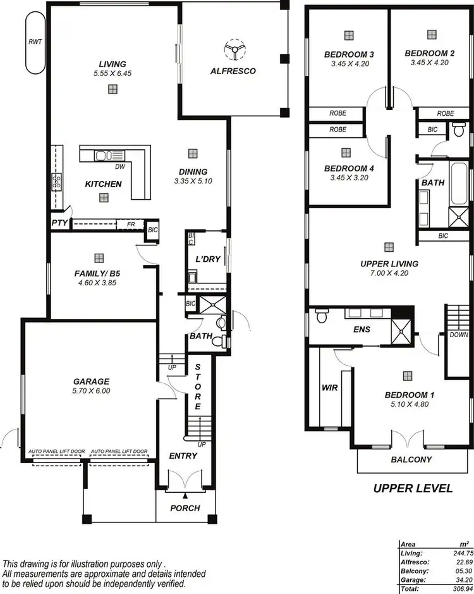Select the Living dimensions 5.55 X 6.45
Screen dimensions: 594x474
[112, 73]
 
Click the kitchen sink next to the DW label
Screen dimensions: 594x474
[104, 156]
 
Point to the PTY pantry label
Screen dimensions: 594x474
[59, 223]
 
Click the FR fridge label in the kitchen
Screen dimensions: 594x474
[131, 223]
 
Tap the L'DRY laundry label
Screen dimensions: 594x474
[207, 260]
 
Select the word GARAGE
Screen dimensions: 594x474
[91, 381]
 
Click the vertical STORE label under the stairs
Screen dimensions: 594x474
[198, 387]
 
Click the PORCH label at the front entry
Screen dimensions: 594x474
[185, 507]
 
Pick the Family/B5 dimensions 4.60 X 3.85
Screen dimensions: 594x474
[97, 283]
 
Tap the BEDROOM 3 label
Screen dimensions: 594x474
[349, 54]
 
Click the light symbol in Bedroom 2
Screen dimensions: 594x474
[431, 34]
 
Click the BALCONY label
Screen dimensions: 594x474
[411, 460]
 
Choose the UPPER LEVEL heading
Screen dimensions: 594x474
[412, 488]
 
